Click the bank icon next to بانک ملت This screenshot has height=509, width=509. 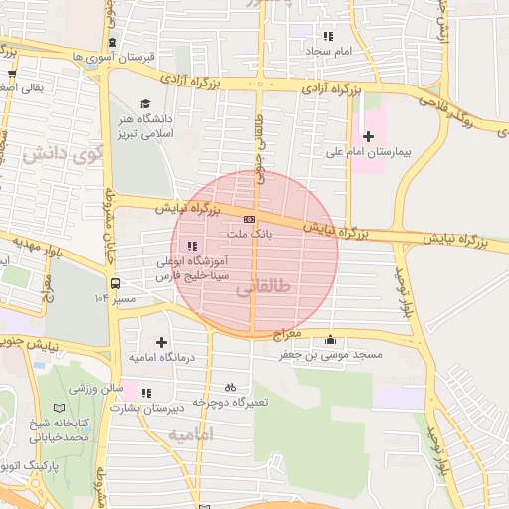click(249, 219)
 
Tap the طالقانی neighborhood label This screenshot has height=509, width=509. click(266, 291)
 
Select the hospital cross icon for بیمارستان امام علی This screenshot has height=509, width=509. click(369, 136)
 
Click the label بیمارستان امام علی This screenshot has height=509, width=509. click(370, 154)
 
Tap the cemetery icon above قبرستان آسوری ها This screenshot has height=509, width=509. click(111, 43)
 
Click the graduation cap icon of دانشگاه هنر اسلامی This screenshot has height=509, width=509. click(145, 103)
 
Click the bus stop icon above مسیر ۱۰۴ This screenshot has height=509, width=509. click(116, 282)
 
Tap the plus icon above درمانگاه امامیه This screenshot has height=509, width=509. click(161, 342)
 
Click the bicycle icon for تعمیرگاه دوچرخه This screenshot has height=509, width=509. click(230, 387)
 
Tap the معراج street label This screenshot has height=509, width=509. click(288, 336)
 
